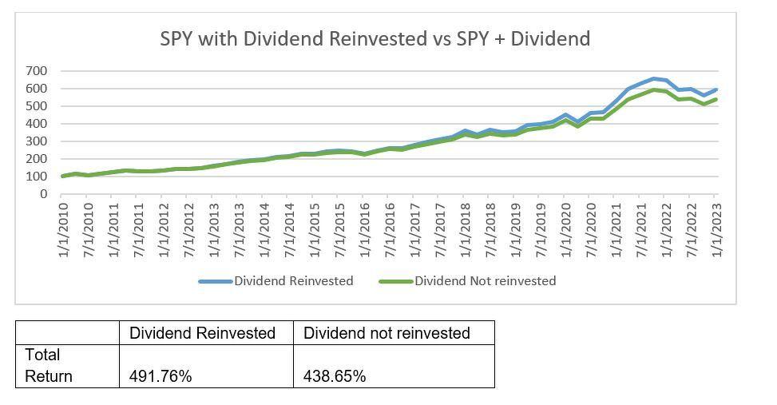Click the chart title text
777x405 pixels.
(375, 38)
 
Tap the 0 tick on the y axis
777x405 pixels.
(45, 194)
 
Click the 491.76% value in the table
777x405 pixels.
(161, 376)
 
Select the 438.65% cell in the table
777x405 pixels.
(335, 376)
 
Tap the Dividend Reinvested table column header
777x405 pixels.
(202, 333)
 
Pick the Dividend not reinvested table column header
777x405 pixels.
(387, 333)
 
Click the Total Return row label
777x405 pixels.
(48, 365)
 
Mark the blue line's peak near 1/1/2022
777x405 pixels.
(654, 78)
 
